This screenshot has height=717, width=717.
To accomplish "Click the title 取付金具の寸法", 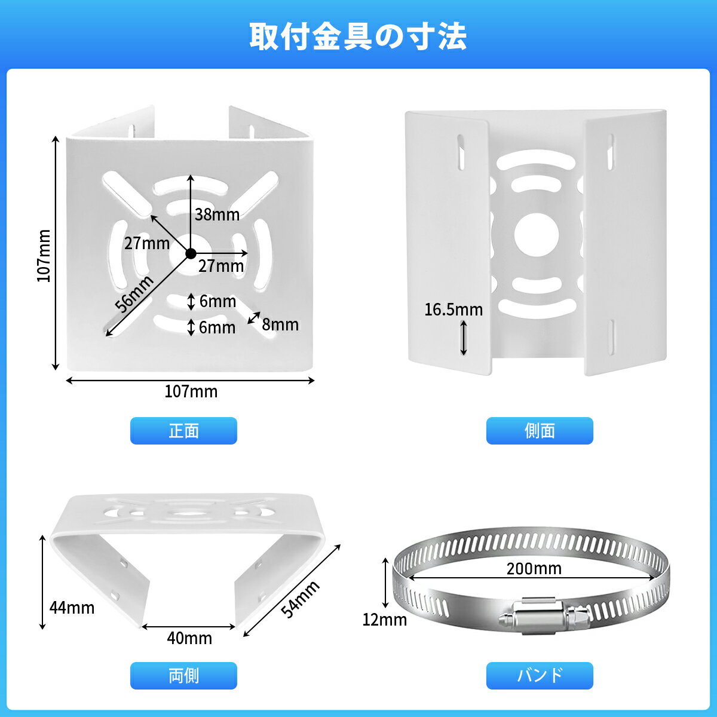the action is (358, 36).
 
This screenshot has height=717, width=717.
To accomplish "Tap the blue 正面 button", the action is (183, 430).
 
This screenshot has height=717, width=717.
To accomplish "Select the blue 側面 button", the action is (540, 430).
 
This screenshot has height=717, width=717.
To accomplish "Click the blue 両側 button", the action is (183, 675).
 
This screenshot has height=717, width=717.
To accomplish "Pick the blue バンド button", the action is (540, 675).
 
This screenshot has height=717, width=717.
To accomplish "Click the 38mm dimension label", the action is (217, 215).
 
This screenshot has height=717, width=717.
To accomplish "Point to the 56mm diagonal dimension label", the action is (134, 295).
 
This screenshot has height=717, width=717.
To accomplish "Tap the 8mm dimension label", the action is (280, 324).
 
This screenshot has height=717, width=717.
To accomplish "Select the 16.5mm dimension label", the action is (454, 310).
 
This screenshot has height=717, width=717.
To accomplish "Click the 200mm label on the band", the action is (534, 569).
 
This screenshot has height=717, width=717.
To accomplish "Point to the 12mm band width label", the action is (384, 620).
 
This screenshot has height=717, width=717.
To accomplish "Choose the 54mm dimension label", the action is (299, 599).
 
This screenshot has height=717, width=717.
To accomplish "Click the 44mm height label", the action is (72, 608).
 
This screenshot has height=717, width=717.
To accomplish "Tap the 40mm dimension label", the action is (189, 638).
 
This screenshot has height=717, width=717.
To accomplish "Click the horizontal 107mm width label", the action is (191, 391).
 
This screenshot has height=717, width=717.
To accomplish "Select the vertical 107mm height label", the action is (44, 256).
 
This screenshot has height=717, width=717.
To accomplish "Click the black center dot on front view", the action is (191, 254).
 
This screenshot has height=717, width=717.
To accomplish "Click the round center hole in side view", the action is (537, 235).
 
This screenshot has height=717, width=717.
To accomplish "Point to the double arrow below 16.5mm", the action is (464, 338).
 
